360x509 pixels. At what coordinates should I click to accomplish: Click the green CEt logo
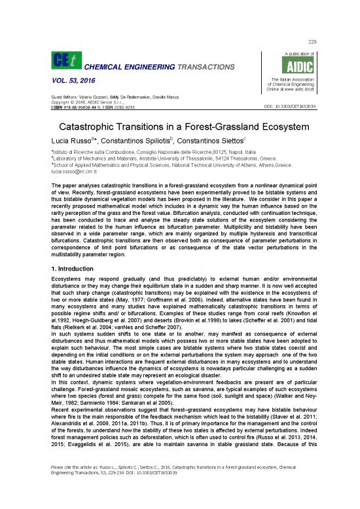[61, 61]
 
